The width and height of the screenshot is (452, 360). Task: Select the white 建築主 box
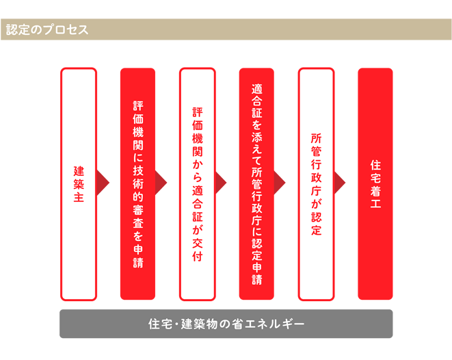coord(79,184)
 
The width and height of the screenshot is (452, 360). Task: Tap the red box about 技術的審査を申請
coord(137,184)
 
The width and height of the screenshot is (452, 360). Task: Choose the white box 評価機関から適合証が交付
coord(197,184)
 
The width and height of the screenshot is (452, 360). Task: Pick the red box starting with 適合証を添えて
coord(256,184)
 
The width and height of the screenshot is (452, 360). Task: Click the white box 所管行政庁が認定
coord(316,184)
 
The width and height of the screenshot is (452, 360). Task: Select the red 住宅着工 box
coord(375,184)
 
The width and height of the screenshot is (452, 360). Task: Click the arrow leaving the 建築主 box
coord(103,183)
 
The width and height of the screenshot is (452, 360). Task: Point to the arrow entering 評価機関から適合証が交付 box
coord(162,183)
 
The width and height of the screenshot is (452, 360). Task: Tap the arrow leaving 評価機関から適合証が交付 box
coord(222,183)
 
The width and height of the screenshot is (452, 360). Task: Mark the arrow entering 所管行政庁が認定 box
coord(281,183)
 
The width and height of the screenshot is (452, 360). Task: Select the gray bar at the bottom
coord(226,324)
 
